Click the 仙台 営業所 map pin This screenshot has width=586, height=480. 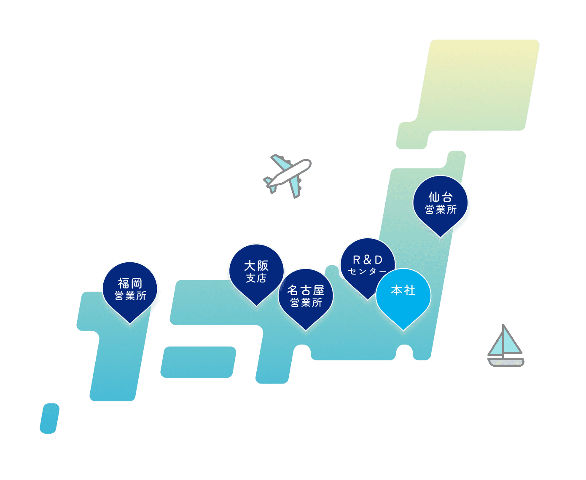[x=440, y=204]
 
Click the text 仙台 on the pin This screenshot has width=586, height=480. [x=440, y=197]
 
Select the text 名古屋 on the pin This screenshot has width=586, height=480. [x=306, y=291]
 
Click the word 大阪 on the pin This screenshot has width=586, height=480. [x=256, y=266]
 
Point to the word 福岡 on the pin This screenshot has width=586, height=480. [x=130, y=283]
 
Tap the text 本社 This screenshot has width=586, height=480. [x=403, y=290]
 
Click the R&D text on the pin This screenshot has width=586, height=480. [x=368, y=260]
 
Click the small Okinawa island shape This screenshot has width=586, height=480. [x=49, y=418]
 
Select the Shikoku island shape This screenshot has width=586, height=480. [x=198, y=362]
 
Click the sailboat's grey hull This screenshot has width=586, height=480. [x=506, y=362]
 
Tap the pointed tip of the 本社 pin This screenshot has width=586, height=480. [x=403, y=329]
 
